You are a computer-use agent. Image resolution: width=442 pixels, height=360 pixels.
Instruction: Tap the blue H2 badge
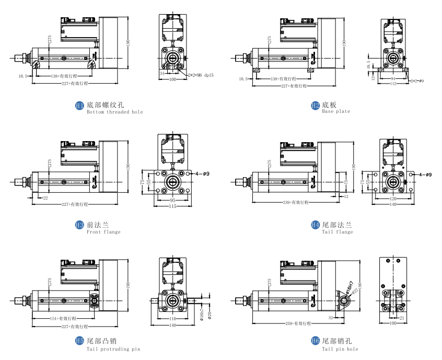click(x=315, y=106)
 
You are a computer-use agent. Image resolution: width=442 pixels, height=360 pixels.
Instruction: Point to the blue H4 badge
click(x=315, y=225)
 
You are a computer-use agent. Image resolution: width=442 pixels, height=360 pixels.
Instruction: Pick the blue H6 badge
click(x=315, y=342)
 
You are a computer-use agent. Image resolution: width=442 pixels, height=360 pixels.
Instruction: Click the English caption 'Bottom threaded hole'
click(x=114, y=112)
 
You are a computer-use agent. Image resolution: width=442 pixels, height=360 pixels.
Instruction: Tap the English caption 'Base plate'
click(x=336, y=112)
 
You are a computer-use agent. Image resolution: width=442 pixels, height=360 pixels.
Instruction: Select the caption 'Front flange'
click(x=103, y=232)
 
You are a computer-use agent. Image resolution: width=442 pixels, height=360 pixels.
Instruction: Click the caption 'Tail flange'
click(x=337, y=232)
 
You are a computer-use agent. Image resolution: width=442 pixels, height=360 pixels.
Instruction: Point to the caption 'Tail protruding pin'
click(x=113, y=349)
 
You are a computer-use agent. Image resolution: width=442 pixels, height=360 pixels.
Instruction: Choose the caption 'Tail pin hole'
click(x=340, y=349)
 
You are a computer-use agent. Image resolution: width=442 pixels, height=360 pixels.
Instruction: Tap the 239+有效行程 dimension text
click(x=295, y=202)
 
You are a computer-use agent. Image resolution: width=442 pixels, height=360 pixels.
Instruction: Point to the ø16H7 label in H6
click(x=349, y=287)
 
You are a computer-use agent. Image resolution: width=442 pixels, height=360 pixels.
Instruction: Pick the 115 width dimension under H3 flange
click(x=172, y=206)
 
